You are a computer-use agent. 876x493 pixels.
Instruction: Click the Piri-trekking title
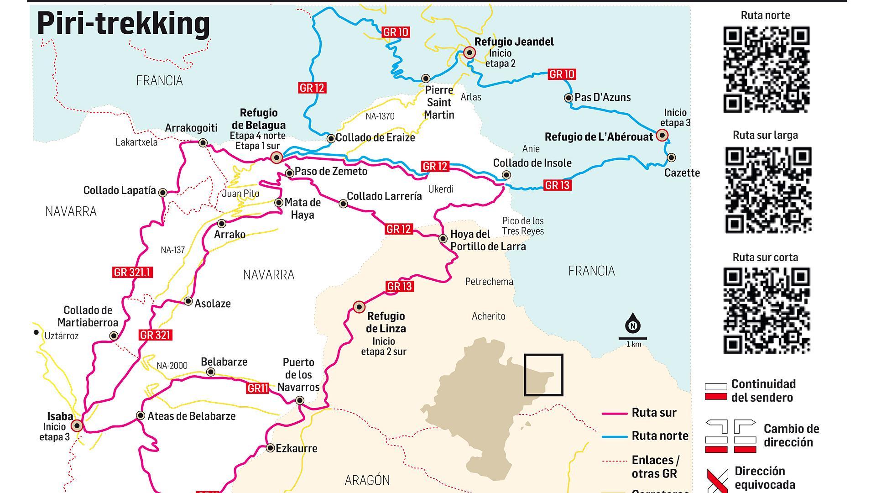point(123,24)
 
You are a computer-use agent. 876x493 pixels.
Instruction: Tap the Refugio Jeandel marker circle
point(469,53)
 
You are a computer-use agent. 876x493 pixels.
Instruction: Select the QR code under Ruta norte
point(766,69)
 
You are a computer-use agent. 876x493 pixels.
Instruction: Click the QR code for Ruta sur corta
point(766,310)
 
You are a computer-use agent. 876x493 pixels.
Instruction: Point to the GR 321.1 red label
point(132,273)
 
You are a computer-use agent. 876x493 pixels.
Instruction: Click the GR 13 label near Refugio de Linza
point(400,287)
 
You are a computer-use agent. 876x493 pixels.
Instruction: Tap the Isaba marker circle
point(77,426)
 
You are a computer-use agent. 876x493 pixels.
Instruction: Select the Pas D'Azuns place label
point(602,97)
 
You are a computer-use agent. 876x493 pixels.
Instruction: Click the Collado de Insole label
point(532,163)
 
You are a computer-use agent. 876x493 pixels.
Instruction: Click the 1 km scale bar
point(633,339)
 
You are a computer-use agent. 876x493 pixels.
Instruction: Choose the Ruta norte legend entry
point(660,436)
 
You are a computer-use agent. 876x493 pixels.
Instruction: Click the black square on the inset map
point(543,375)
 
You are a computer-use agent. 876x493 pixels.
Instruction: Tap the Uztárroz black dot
point(36,332)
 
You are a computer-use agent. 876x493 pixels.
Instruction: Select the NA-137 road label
point(173,250)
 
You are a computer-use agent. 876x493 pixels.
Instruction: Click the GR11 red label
point(258,388)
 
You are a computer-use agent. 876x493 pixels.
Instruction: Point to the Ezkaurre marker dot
point(270,448)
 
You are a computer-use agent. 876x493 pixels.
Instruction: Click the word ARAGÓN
point(367,480)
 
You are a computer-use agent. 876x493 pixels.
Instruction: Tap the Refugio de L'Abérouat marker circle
point(662,135)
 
